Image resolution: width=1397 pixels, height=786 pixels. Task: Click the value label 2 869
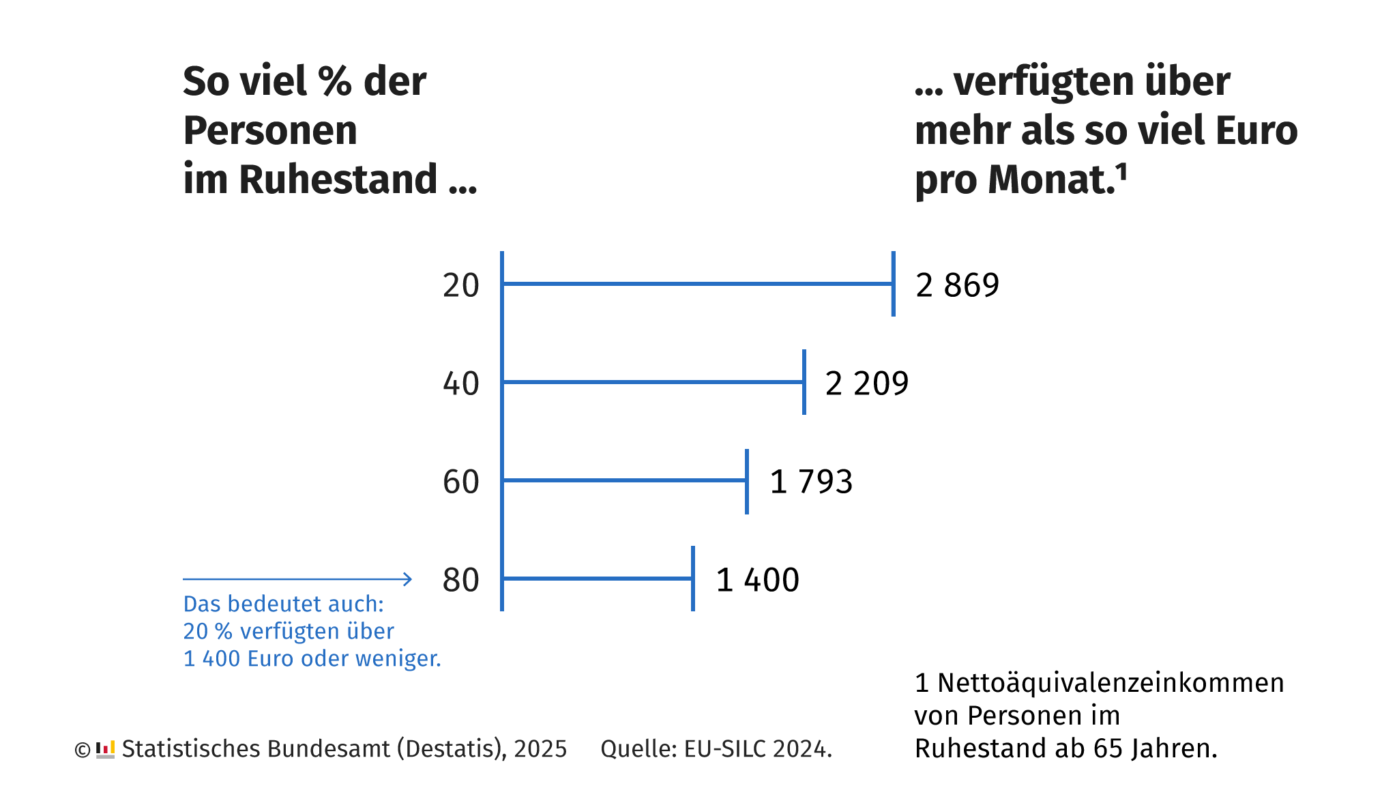pos(957,285)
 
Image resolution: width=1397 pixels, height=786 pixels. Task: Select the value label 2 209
pos(866,383)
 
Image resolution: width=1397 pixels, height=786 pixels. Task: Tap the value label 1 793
pos(811,482)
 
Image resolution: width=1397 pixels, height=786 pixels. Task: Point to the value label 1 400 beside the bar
pos(757,580)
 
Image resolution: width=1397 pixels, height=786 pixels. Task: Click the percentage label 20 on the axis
pos(461,285)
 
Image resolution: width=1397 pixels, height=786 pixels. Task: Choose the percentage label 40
pos(461,383)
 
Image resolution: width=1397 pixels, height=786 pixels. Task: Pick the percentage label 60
pos(461,482)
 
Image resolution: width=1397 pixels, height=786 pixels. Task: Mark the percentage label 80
pos(461,580)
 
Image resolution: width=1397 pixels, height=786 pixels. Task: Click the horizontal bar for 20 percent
pos(696,284)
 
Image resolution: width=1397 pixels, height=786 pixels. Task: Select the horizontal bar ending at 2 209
pos(652,382)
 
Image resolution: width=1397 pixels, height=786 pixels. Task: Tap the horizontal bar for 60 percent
pos(623,480)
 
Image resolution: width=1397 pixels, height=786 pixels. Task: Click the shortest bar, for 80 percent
pos(597,579)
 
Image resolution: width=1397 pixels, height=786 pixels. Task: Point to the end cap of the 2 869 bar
pos(893,284)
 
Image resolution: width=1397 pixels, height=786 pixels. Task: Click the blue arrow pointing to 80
pos(297,579)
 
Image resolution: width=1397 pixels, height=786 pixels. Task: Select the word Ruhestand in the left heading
pos(338,179)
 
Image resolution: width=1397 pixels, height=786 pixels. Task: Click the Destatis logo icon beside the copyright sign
pos(105,749)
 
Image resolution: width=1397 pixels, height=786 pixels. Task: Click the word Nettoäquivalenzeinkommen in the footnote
pos(1111,683)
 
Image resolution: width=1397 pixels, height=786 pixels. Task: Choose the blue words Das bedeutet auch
pos(283,604)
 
